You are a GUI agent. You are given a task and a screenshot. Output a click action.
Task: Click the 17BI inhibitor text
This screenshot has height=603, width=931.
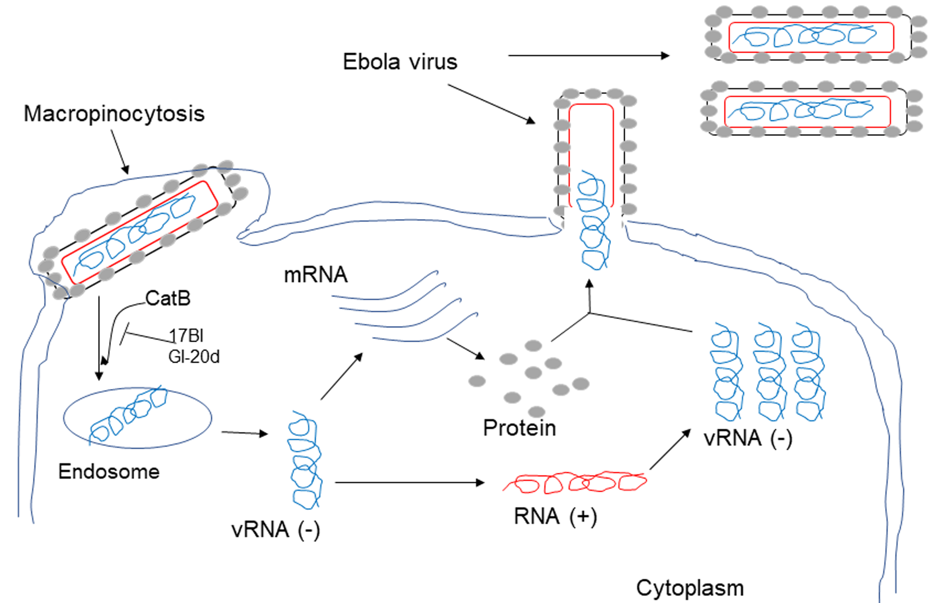click(x=186, y=335)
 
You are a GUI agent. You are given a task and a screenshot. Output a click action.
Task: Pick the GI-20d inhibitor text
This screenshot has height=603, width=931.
click(x=194, y=356)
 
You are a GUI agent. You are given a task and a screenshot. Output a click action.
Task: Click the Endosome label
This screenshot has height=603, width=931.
click(x=109, y=471)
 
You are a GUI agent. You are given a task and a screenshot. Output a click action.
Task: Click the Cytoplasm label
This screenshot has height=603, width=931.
click(x=690, y=588)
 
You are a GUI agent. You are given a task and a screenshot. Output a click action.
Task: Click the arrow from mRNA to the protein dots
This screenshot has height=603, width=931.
click(x=465, y=349)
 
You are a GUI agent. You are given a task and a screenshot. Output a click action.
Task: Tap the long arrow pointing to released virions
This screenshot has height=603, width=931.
click(x=588, y=56)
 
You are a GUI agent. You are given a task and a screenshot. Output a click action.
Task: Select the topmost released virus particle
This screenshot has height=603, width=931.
click(x=812, y=37)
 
